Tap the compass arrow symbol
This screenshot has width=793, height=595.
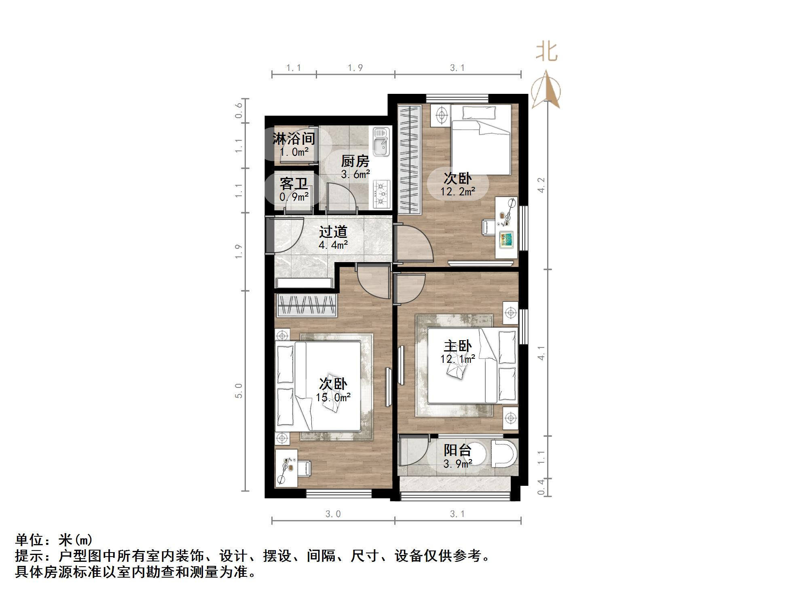click(x=546, y=90)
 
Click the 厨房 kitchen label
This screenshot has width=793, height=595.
click(x=355, y=161)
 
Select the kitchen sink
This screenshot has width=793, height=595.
click(x=381, y=141)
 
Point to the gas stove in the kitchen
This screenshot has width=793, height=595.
click(x=381, y=194)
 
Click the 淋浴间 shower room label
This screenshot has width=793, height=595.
click(x=294, y=139)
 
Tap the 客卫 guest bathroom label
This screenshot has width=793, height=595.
click(x=294, y=184)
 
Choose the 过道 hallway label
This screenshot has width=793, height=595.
click(x=333, y=232)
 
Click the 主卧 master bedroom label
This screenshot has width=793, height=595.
click(x=458, y=346)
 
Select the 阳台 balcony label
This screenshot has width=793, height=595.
click(x=458, y=450)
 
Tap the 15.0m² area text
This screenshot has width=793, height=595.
click(x=333, y=398)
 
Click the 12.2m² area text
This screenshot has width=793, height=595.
click(x=458, y=191)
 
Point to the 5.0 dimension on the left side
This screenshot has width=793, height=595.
click(x=239, y=391)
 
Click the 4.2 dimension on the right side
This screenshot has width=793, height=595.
click(x=541, y=185)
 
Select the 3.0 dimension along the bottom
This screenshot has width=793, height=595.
click(x=333, y=514)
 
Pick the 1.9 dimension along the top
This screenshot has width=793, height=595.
click(x=355, y=68)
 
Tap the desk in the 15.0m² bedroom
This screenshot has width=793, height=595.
click(x=287, y=468)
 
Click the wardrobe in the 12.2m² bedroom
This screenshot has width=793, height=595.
click(x=409, y=159)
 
